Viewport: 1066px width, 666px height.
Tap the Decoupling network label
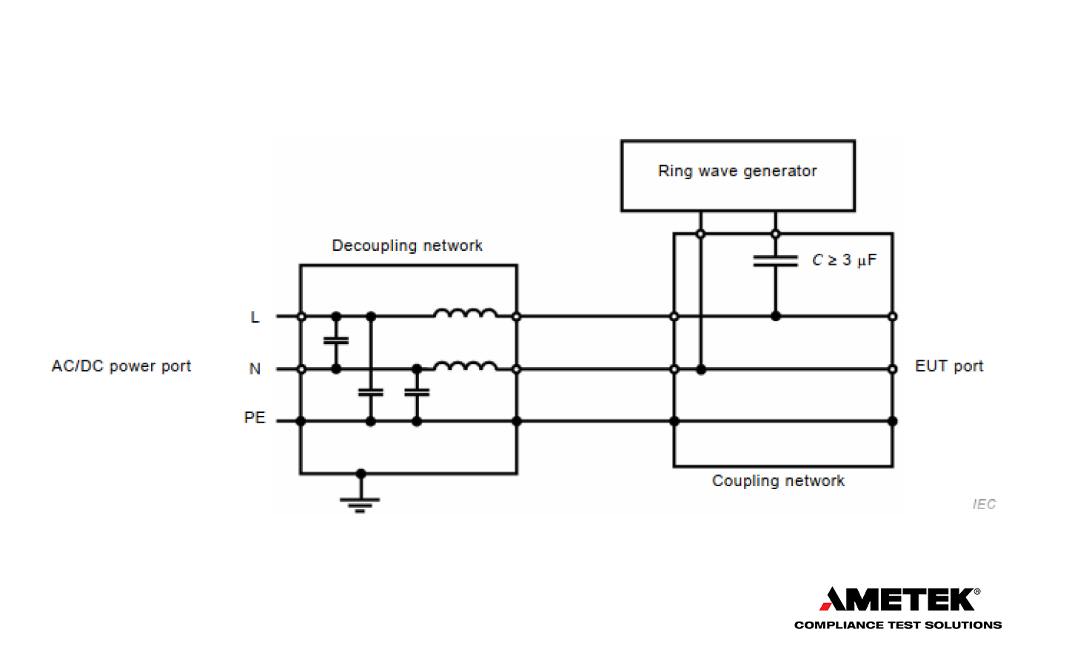pos(407,246)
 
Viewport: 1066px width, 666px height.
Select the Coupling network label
pos(778,481)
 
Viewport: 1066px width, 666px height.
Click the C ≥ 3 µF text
pos(844,260)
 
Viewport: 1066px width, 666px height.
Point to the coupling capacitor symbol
pos(775,260)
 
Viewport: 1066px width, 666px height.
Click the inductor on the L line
pos(465,313)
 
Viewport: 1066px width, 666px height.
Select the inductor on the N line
pos(465,366)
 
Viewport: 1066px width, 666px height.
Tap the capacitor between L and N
pos(336,341)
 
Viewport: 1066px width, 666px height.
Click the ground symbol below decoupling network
pos(360,503)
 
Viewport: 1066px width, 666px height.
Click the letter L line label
pos(255,317)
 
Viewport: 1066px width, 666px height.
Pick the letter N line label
pos(255,369)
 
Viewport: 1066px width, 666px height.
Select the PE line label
pos(255,418)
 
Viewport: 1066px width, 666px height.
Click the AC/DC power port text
pos(121,366)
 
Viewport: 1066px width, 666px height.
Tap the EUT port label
pos(949,366)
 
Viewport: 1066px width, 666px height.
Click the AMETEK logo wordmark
pos(899,599)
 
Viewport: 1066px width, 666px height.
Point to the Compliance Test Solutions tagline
pos(897,625)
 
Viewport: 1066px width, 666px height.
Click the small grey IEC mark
pos(984,505)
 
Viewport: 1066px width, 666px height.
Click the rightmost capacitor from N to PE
pos(417,393)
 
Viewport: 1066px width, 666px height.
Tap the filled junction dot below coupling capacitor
pos(775,316)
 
